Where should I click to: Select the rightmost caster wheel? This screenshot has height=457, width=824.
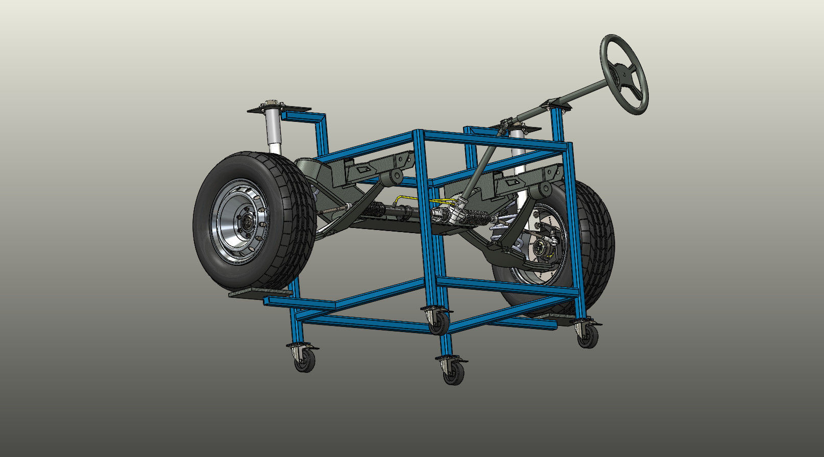pos(588,336)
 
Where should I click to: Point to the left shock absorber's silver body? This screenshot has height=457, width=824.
pos(275,130)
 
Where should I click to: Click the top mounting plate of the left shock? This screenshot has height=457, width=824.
pos(280,109)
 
